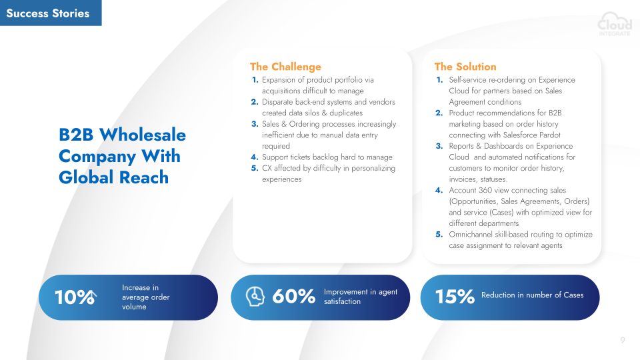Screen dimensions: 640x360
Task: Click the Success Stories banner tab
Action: tap(51, 13)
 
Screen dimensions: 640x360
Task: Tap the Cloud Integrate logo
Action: tap(615, 24)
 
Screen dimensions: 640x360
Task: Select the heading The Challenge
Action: tap(285, 67)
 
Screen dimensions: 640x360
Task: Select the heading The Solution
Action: tap(465, 67)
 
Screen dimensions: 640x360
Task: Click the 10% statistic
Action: tap(74, 297)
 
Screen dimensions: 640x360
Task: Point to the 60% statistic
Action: tap(293, 296)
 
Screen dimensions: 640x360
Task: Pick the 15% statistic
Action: tap(455, 296)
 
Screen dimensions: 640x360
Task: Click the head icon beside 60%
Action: tap(255, 296)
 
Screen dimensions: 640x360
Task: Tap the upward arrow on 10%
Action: tap(92, 297)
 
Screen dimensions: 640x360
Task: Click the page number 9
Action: tap(623, 340)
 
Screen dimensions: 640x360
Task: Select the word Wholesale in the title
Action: tap(143, 135)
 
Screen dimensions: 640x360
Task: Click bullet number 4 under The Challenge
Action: tap(255, 157)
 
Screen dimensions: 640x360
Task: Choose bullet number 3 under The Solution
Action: tap(439, 146)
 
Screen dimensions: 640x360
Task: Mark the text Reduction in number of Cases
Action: tap(532, 295)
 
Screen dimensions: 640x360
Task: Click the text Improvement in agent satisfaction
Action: tap(361, 297)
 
